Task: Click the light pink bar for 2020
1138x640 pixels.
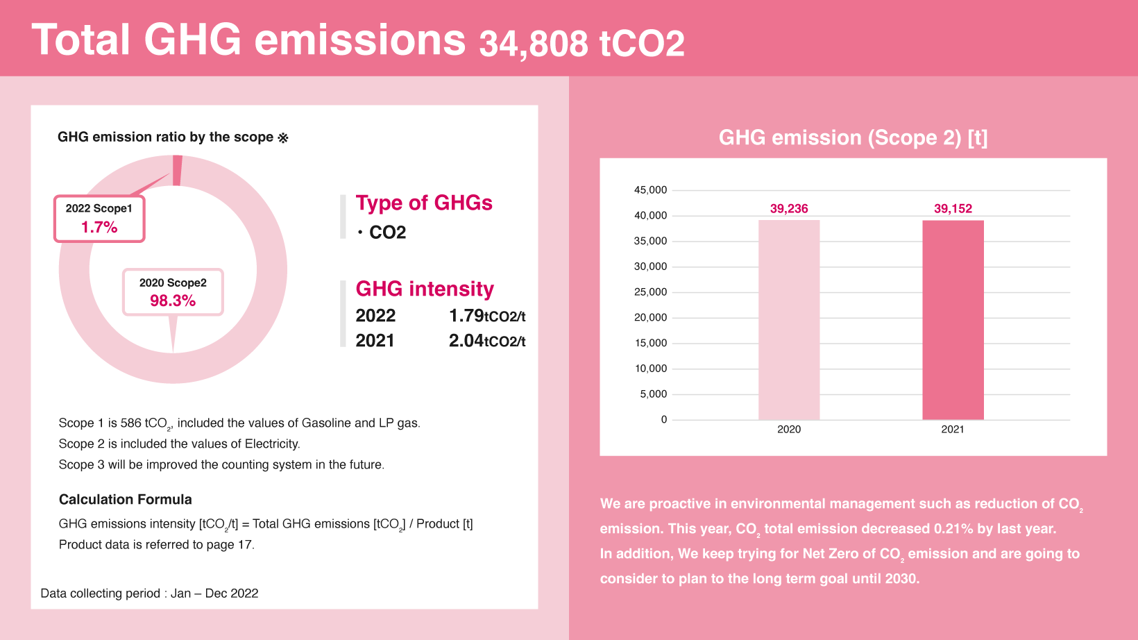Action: click(789, 320)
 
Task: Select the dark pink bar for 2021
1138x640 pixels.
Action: click(953, 320)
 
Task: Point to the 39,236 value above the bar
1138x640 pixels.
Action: click(789, 208)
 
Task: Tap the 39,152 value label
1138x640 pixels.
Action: click(953, 208)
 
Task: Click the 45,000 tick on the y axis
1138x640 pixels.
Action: click(650, 190)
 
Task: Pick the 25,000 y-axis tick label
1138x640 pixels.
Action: click(650, 292)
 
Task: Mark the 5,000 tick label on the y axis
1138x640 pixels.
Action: click(654, 394)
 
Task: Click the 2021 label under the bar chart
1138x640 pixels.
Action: click(953, 429)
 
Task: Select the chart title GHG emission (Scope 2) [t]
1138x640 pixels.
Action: click(853, 137)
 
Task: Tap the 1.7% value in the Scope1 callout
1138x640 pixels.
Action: click(99, 227)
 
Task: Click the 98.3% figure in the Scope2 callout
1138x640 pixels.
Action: click(173, 301)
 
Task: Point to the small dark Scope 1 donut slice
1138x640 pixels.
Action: click(178, 170)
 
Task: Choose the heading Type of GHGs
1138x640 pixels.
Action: click(424, 203)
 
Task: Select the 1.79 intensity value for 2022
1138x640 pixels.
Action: click(466, 316)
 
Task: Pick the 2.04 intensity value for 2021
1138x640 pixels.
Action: click(466, 341)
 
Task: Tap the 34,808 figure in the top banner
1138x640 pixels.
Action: click(534, 44)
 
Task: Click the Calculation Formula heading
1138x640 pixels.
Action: click(126, 500)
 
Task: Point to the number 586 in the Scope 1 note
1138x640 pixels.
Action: click(130, 423)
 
